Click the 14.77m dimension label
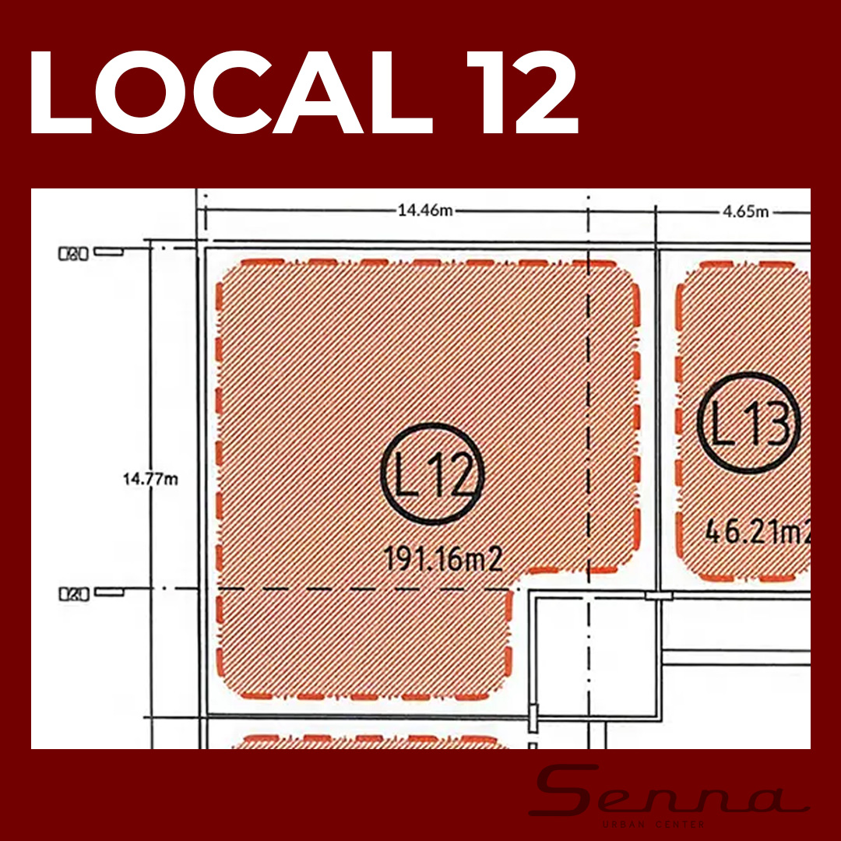(150, 479)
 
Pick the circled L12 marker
(433, 473)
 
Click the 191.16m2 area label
(443, 559)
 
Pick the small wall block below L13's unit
(658, 596)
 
